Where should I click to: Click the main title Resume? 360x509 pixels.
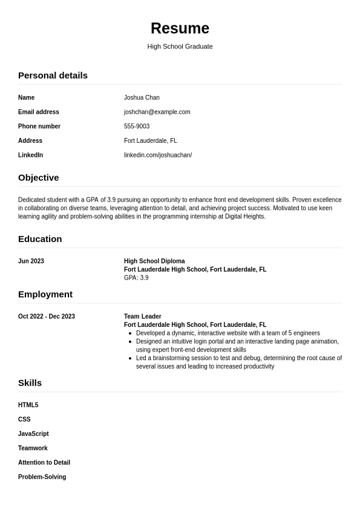[x=180, y=28]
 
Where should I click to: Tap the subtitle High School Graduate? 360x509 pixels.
[x=180, y=47]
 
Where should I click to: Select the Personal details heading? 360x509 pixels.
[x=53, y=76]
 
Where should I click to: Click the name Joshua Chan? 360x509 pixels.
[x=142, y=97]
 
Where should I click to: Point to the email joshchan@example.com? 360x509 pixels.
[x=157, y=112]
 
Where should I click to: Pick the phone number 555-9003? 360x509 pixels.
[x=137, y=126]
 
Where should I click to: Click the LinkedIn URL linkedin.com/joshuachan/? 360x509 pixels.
[x=158, y=156]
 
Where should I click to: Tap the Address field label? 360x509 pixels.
[x=30, y=141]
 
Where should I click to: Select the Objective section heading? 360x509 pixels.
[x=38, y=178]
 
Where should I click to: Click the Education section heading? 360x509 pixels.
[x=40, y=239]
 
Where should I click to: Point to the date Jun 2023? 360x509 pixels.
[x=31, y=261]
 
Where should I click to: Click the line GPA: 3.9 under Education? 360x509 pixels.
[x=136, y=278]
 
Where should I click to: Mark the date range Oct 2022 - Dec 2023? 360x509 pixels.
[x=47, y=317]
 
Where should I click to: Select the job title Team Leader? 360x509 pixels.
[x=143, y=317]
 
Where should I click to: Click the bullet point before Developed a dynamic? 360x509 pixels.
[x=130, y=333]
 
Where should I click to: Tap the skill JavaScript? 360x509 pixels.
[x=33, y=434]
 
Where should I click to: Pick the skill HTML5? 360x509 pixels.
[x=28, y=405]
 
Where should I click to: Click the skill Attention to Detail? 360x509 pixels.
[x=44, y=462]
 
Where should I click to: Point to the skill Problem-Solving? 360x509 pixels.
[x=42, y=477]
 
